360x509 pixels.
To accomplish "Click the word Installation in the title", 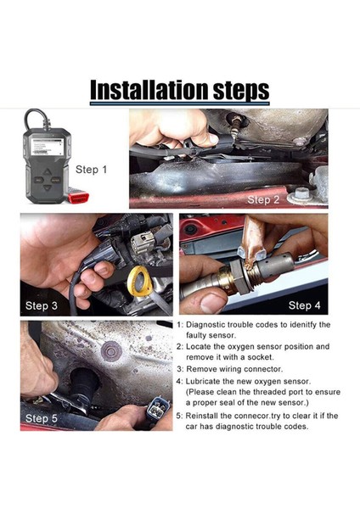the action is tap(149, 90).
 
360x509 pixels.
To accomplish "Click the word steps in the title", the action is tap(241, 91).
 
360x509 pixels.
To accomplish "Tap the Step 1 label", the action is tap(91, 169).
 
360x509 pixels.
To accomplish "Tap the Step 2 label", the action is tap(263, 199).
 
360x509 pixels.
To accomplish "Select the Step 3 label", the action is tap(42, 305).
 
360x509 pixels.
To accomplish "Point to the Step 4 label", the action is tap(305, 305).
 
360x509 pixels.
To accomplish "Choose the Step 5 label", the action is tap(42, 418).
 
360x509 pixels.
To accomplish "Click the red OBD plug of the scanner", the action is tap(77, 197).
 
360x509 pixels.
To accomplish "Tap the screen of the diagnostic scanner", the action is tap(48, 147).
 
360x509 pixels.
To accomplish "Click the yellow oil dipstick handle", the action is tap(140, 281).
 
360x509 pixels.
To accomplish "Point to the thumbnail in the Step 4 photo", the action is tap(212, 303).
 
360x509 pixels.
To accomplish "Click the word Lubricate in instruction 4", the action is tap(203, 381).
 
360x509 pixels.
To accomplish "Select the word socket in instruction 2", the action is tap(261, 357).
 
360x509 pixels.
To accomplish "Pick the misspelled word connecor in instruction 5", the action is tap(252, 416).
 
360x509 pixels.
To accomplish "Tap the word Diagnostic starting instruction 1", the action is tap(205, 325).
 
